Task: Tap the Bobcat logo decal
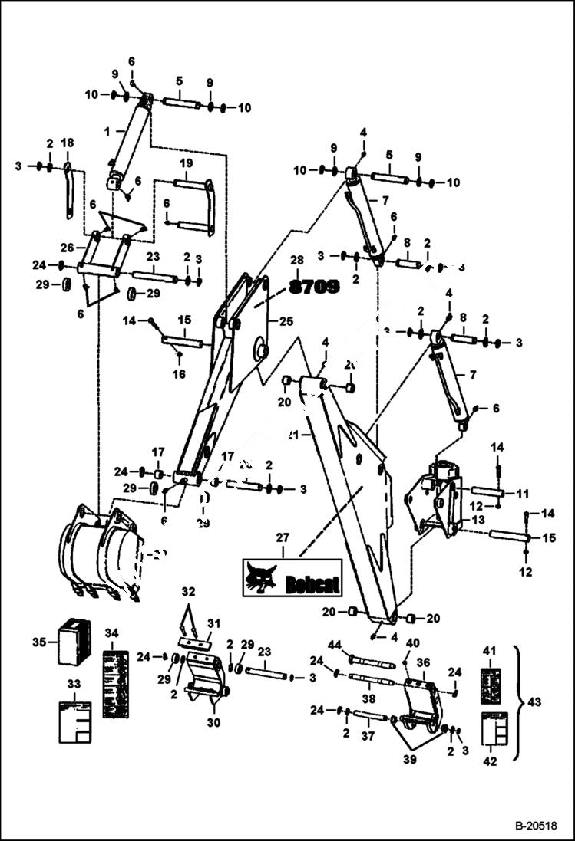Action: (292, 577)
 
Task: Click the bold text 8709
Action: (315, 287)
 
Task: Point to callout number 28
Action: (297, 261)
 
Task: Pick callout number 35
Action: (43, 641)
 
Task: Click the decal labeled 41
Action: (491, 685)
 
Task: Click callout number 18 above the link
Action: (68, 143)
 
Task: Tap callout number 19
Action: (187, 163)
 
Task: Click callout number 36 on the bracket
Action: (423, 662)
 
